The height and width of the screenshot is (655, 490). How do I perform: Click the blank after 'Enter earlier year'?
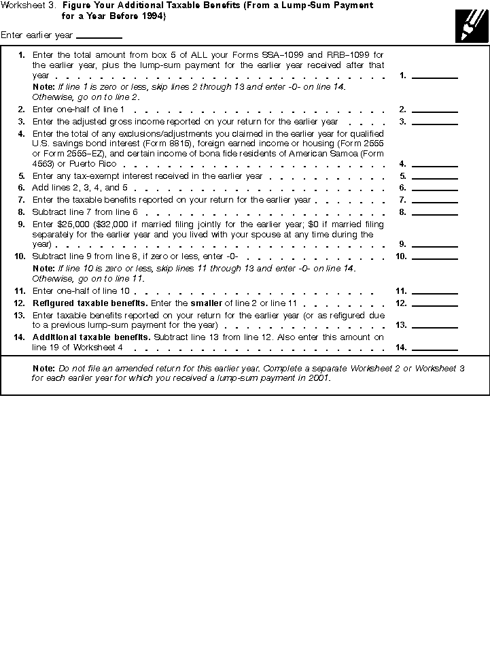pyautogui.click(x=99, y=35)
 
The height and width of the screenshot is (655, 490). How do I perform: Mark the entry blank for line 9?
pyautogui.click(x=435, y=243)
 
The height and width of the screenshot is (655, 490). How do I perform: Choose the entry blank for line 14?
pyautogui.click(x=435, y=348)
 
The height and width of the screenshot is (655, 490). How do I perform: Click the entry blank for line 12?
pyautogui.click(x=435, y=303)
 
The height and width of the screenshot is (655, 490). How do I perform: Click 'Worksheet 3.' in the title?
pyautogui.click(x=29, y=5)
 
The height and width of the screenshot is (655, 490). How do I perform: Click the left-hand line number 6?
pyautogui.click(x=22, y=188)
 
